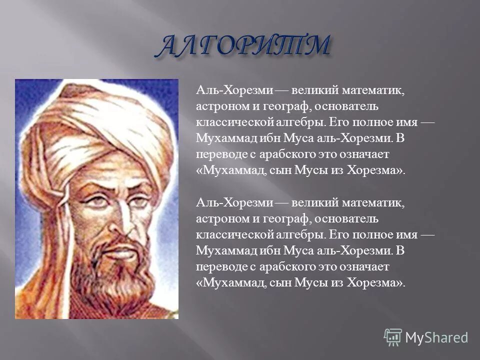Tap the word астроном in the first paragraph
219,106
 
